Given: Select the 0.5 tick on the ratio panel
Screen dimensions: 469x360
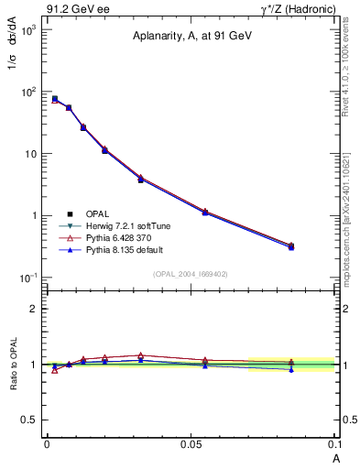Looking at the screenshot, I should pos(29,420).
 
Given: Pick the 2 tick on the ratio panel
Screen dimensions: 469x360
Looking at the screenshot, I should pos(34,309).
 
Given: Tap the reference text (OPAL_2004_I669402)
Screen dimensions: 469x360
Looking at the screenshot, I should pos(191,274).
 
